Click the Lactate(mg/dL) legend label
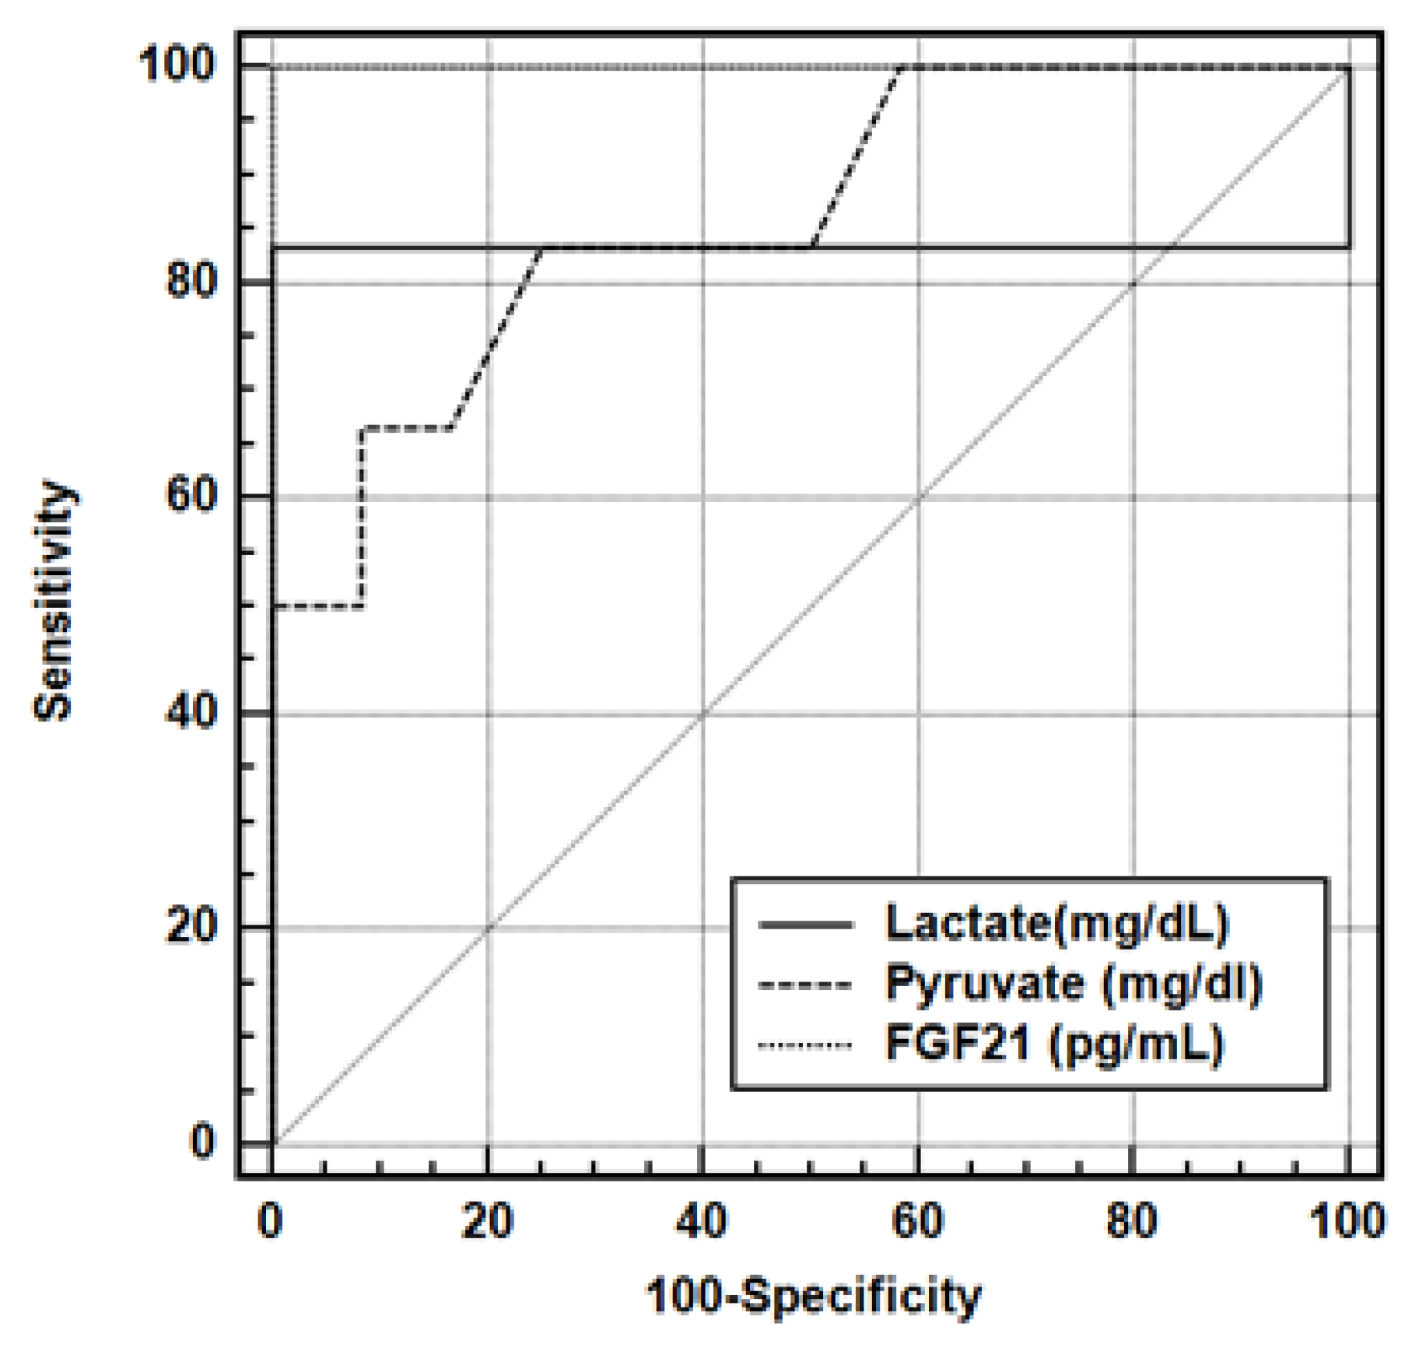[1056, 924]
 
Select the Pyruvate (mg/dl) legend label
[1074, 983]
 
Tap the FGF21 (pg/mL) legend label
[1055, 1043]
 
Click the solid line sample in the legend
[806, 925]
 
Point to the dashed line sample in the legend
[806, 985]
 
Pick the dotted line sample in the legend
[806, 1044]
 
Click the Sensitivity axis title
[54, 600]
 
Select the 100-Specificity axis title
[813, 1297]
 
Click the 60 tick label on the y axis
[191, 495]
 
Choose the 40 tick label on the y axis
[191, 711]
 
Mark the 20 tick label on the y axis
[191, 926]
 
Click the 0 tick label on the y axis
[202, 1142]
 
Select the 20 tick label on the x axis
[487, 1221]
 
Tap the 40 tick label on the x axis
[702, 1221]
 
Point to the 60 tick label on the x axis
[917, 1221]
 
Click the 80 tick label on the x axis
[1132, 1221]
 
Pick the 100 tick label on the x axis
[1347, 1221]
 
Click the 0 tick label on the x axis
[270, 1221]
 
